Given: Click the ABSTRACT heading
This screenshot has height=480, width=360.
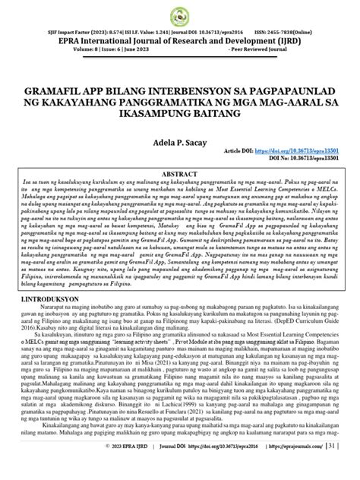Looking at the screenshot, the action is [x=179, y=174].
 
